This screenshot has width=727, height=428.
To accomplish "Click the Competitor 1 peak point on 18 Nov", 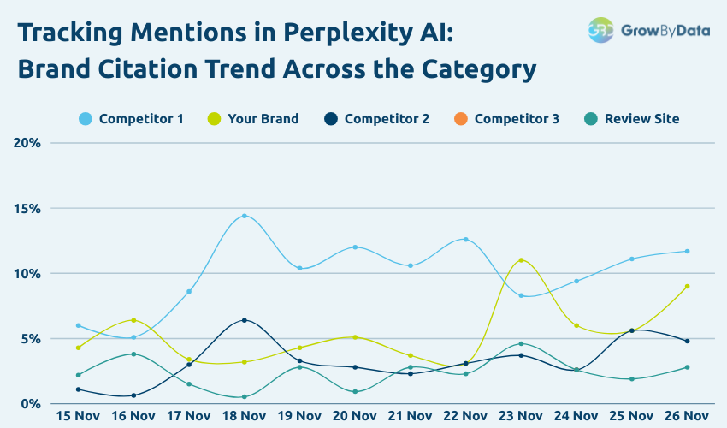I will tap(245, 216).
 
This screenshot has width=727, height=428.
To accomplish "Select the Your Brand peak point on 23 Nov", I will tap(521, 260).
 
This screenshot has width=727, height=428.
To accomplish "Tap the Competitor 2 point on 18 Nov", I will tap(245, 320).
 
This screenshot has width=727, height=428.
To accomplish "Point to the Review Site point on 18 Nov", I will tap(245, 396).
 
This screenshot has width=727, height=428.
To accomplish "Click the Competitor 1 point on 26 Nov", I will tap(687, 251).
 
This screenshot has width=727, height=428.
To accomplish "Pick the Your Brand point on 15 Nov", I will tap(78, 348).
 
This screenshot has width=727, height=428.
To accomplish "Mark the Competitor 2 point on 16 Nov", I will tap(133, 395).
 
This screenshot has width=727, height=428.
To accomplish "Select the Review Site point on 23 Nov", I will tap(521, 343).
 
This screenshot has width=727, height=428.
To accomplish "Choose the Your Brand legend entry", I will tap(253, 119).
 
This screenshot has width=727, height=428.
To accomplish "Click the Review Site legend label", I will tap(641, 119).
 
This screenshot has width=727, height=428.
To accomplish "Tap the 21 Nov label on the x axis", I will tap(410, 416).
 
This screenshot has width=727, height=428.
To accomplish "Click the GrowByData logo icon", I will tap(601, 29).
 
